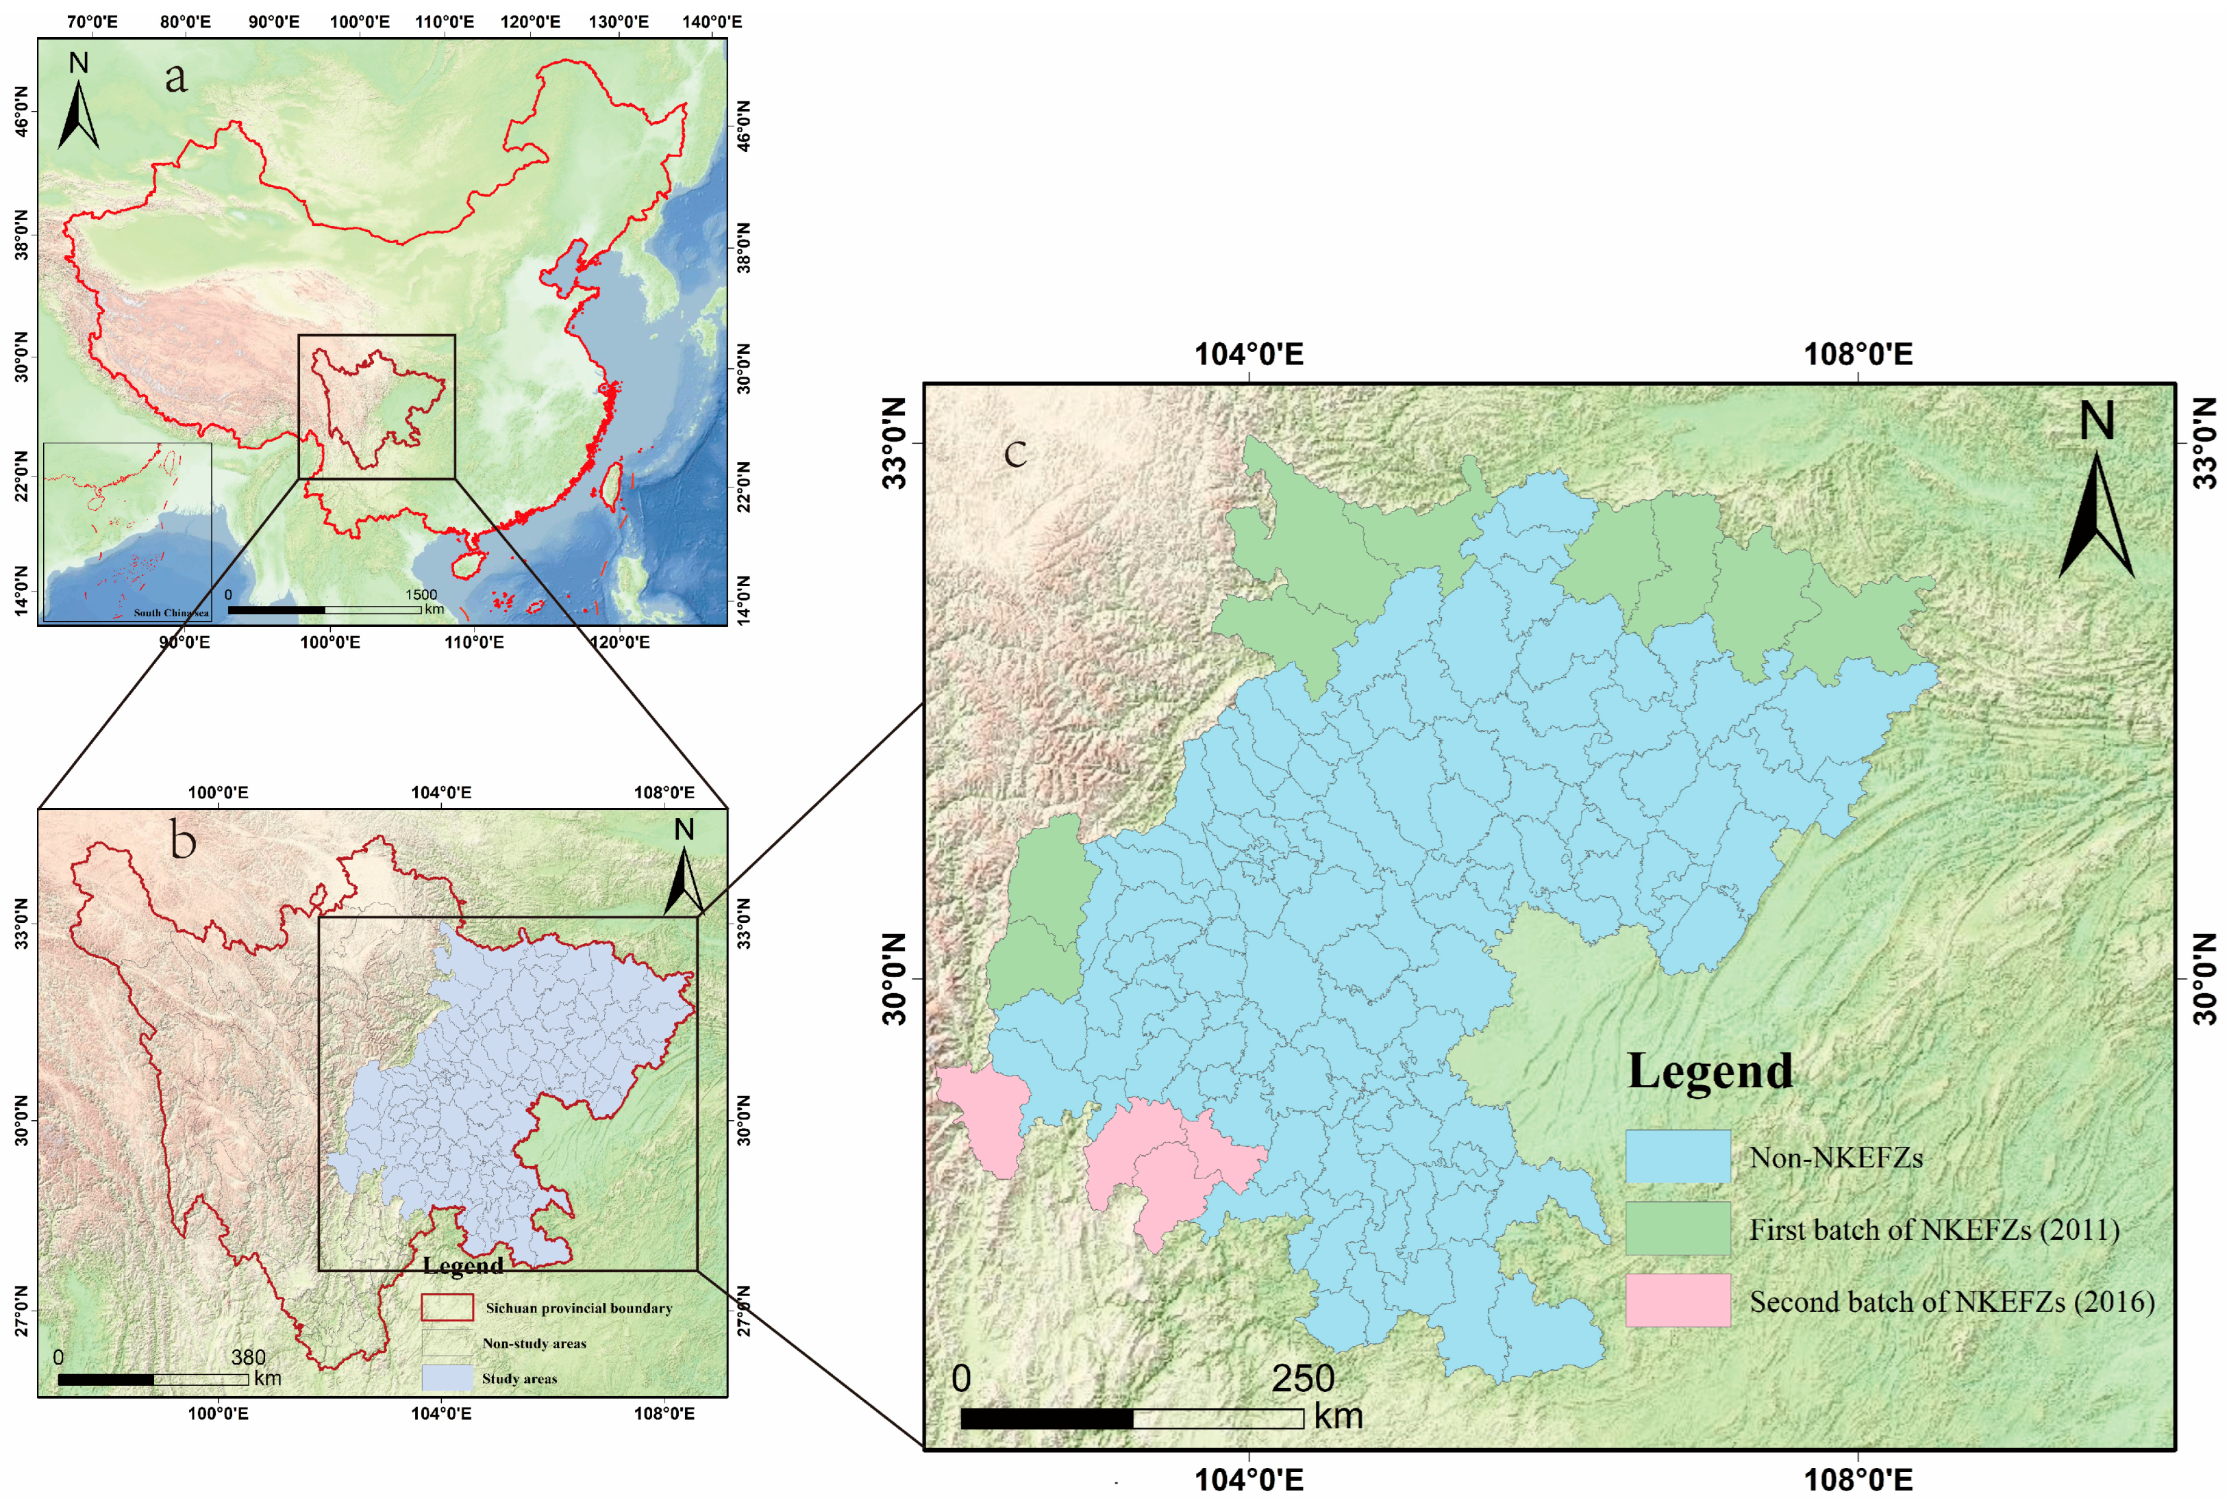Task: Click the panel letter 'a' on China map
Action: tap(175, 77)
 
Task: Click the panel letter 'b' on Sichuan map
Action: tap(183, 841)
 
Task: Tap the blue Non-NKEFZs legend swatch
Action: tap(1677, 1156)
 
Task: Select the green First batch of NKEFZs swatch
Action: tap(1677, 1228)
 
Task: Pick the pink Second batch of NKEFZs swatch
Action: tap(1677, 1300)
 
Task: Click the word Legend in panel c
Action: tap(1709, 1071)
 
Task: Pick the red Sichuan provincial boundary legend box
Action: tap(447, 1308)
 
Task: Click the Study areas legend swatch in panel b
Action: tap(447, 1378)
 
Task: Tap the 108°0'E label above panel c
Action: tap(1858, 355)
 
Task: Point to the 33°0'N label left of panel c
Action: tap(894, 443)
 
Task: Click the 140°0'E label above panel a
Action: tap(712, 22)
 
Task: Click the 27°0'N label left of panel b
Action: tap(21, 1310)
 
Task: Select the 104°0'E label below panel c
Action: tap(1248, 1480)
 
